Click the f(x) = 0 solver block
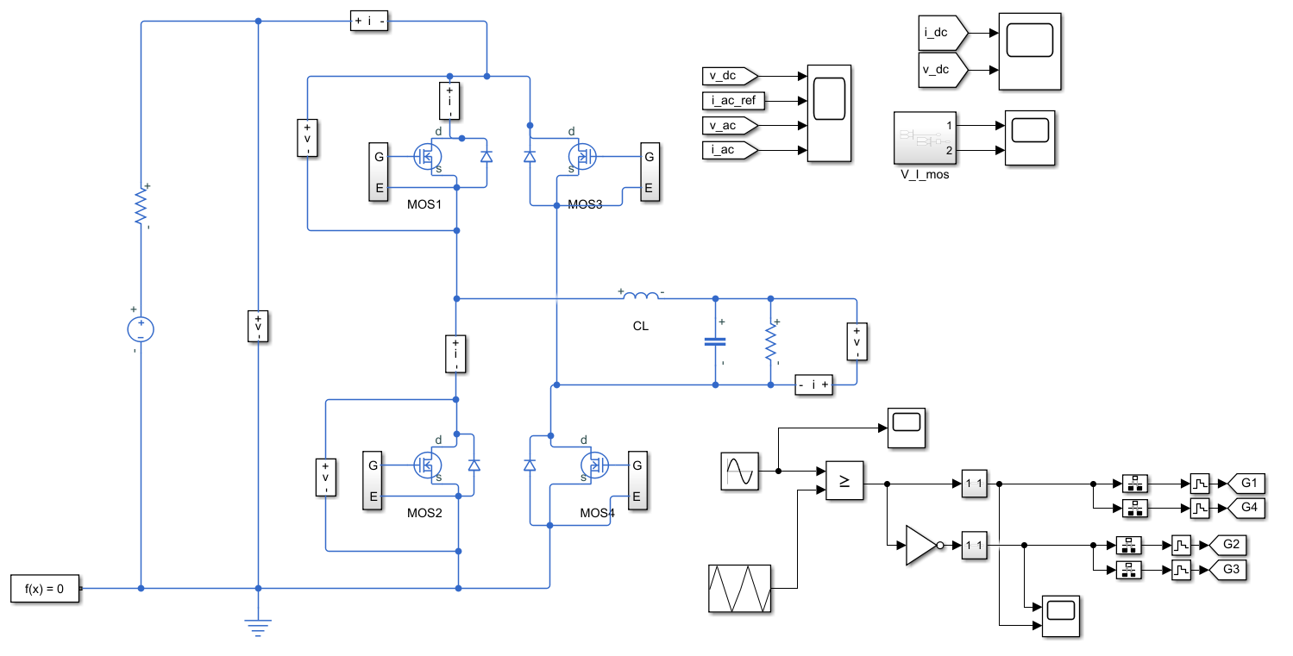[x=45, y=589]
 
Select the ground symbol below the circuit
[x=258, y=628]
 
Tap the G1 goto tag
[x=1246, y=482]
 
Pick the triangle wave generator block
[x=739, y=588]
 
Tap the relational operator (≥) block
[x=845, y=481]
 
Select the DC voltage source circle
[x=141, y=328]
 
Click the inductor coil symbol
[x=640, y=297]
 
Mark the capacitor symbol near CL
[x=715, y=340]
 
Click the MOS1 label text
[x=424, y=204]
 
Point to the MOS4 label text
[x=597, y=513]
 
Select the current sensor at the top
[x=369, y=22]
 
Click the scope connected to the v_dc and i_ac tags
[x=829, y=113]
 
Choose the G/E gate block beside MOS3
[x=650, y=172]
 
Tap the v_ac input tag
[x=730, y=126]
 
